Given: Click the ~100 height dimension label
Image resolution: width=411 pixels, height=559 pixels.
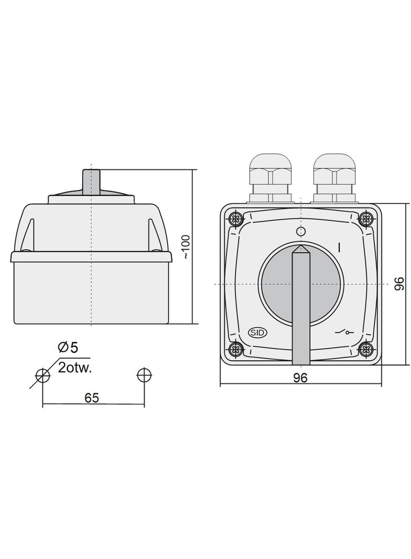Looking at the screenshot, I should point(187,246).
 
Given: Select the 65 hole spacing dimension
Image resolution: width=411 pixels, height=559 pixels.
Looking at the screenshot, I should point(92,398).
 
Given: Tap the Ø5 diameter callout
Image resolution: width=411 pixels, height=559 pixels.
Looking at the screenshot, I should point(68,347).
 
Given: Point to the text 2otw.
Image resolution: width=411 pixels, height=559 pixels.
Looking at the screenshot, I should point(75,367).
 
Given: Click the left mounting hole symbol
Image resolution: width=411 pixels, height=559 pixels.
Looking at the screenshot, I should point(42,375).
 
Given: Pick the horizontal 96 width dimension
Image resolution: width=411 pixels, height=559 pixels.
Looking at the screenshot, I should point(300,378).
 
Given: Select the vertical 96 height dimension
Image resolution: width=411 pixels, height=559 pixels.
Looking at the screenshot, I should point(399,284).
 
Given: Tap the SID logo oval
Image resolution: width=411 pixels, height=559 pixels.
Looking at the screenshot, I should point(257,332).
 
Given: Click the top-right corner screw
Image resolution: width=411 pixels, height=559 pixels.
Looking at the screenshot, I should point(366,218).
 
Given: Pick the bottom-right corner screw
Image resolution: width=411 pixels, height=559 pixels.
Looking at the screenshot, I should point(366,349).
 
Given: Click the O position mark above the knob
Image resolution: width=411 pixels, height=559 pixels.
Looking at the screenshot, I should point(300,232).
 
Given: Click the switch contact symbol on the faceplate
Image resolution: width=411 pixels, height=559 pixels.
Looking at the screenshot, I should point(344,332).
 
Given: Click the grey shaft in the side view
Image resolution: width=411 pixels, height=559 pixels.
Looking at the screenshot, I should point(91,181).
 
